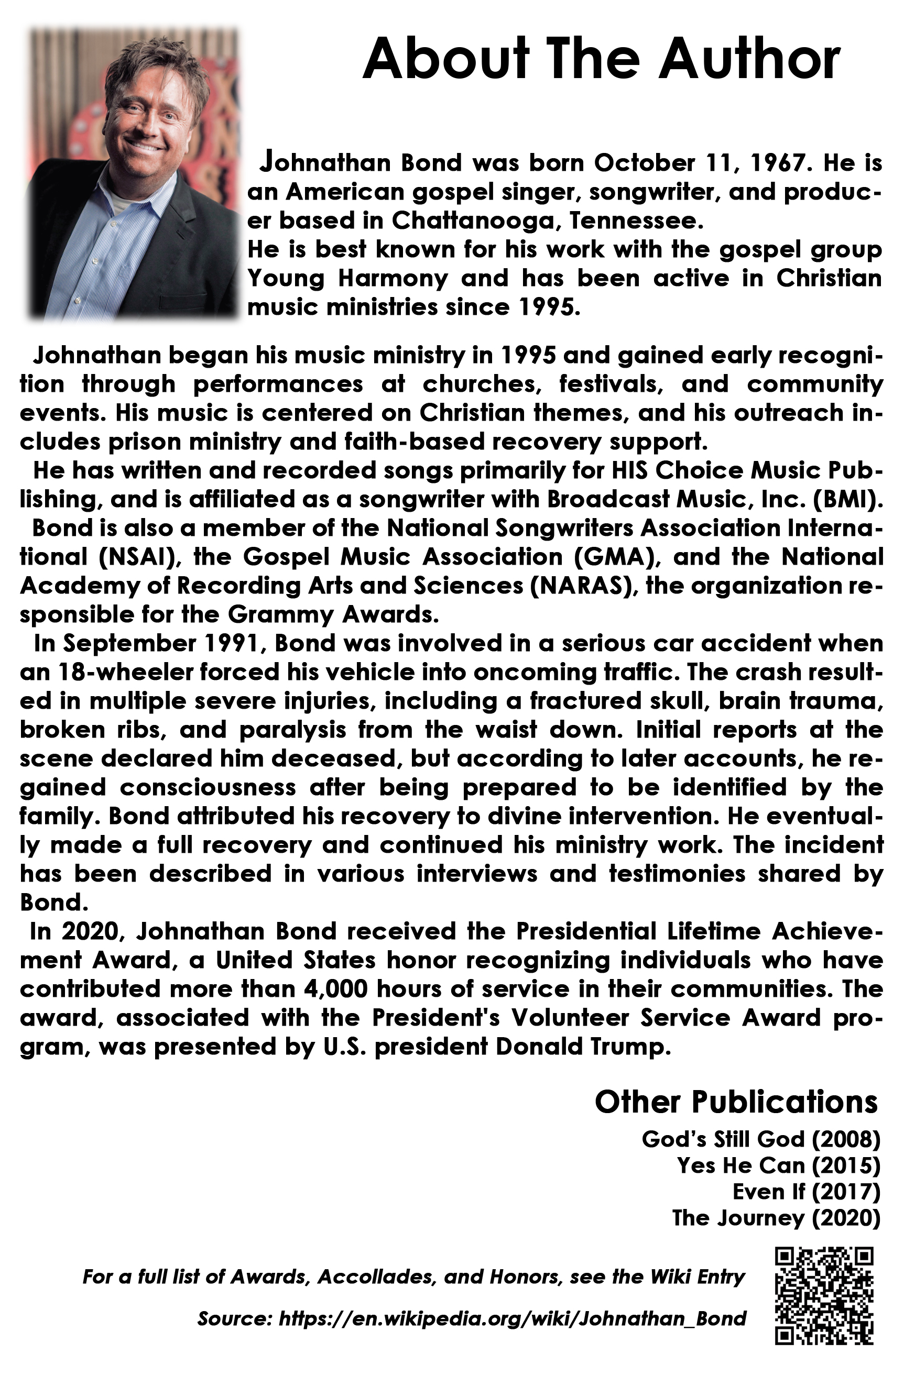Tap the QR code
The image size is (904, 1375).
pos(824,1295)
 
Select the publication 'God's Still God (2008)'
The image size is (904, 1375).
pos(760,1139)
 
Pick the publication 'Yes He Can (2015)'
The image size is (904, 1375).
pos(778,1165)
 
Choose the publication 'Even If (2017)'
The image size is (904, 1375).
pos(806,1191)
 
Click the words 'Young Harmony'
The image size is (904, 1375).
pos(347,279)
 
